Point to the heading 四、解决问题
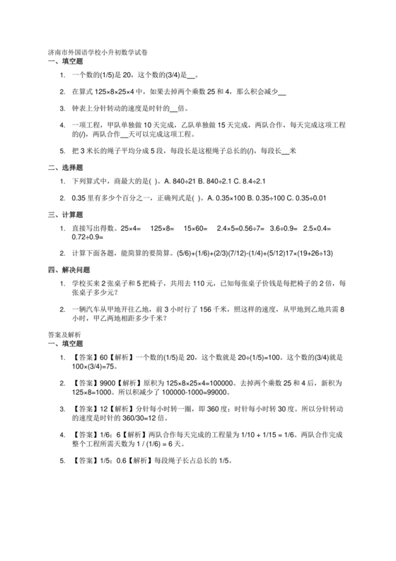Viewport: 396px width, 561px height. pyautogui.click(x=68, y=270)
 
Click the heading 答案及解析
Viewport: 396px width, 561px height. pyautogui.click(x=64, y=334)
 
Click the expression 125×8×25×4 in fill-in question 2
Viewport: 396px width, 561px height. pyautogui.click(x=121, y=91)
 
